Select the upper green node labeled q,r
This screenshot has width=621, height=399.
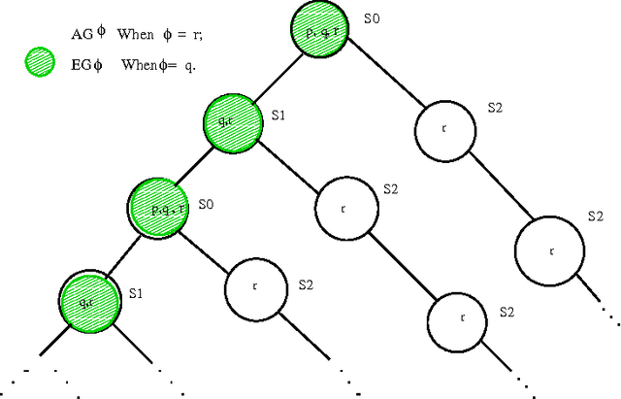(232, 121)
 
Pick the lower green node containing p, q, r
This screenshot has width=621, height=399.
(156, 207)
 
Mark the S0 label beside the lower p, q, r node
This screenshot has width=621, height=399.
(205, 205)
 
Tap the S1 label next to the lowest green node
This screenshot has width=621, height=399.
(137, 290)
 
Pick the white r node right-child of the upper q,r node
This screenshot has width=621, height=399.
(343, 208)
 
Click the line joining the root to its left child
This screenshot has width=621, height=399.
(275, 77)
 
